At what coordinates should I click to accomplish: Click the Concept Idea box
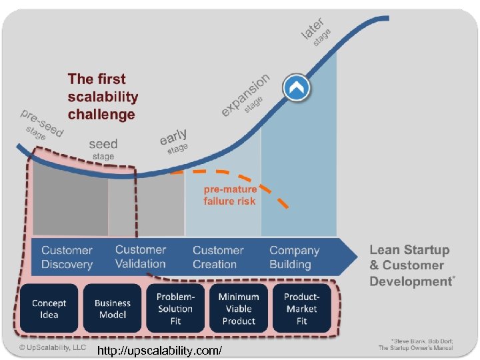point(49,309)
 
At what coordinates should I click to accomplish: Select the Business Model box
point(113,309)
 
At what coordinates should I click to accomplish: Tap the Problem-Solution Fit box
point(175,308)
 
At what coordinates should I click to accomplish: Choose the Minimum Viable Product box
point(239,308)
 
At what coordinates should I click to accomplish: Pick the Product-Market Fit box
point(301,308)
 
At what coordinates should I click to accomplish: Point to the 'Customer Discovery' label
point(67,257)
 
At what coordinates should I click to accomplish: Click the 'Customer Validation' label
point(140,257)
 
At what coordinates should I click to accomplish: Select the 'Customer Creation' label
point(218,257)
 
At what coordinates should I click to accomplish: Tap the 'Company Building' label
point(294,257)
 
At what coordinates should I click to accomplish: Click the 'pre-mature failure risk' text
point(230,195)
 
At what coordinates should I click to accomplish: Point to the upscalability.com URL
point(159,351)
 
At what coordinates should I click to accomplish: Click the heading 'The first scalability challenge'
point(103,97)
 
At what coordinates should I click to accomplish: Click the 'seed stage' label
point(103,149)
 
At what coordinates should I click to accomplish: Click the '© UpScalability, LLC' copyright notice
point(53,347)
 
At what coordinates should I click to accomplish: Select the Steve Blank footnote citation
point(415,344)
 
